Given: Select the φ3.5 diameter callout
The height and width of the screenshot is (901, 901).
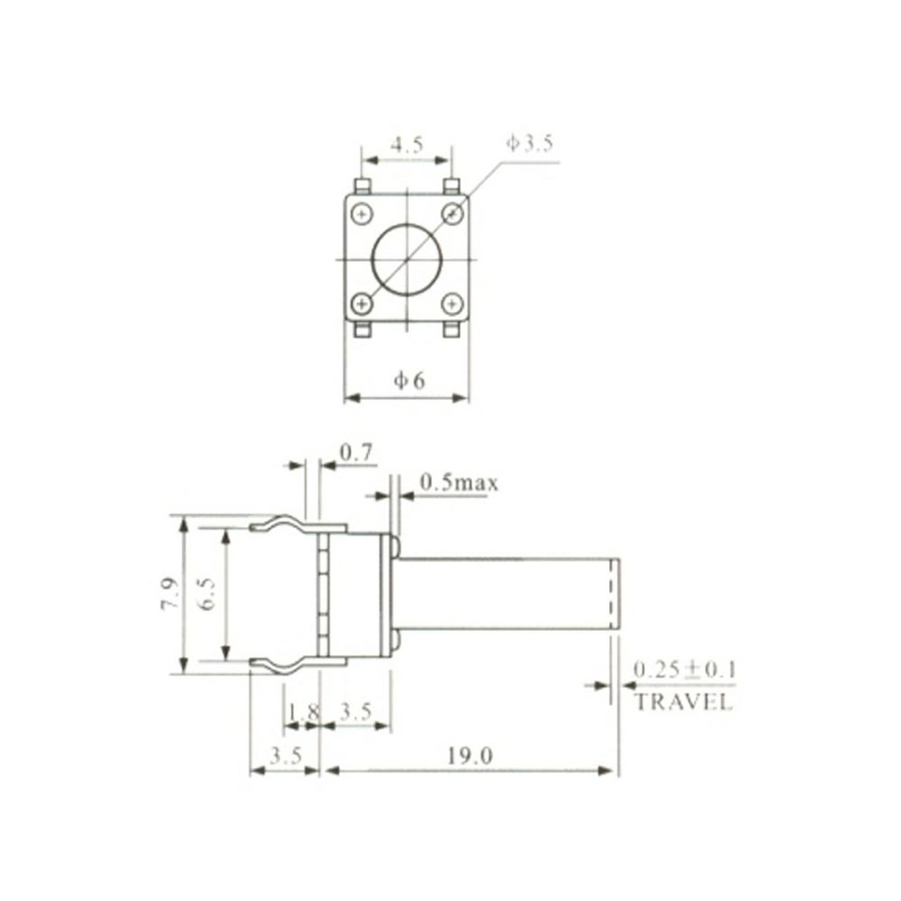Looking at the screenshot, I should [x=530, y=143].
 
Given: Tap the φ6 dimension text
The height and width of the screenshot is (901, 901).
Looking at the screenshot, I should [x=408, y=381].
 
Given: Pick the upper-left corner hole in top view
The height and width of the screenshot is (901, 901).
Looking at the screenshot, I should [x=362, y=214].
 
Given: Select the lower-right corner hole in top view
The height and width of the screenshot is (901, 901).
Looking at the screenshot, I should [x=452, y=304].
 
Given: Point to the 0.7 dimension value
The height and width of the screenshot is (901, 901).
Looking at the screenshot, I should [x=358, y=452].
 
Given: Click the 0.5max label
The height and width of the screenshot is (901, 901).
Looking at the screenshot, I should [x=460, y=484].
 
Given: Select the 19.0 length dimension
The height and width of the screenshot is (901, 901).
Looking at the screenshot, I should [x=469, y=757].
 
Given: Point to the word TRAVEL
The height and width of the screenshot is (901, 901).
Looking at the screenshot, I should [x=684, y=704].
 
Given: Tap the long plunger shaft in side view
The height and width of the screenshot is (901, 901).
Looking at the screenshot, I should [x=505, y=593].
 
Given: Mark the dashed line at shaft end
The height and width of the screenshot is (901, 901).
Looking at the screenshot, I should [x=612, y=593].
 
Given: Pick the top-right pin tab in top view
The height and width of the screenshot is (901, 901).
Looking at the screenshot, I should [x=453, y=187].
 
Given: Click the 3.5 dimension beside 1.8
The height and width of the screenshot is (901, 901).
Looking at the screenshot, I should [x=355, y=712].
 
